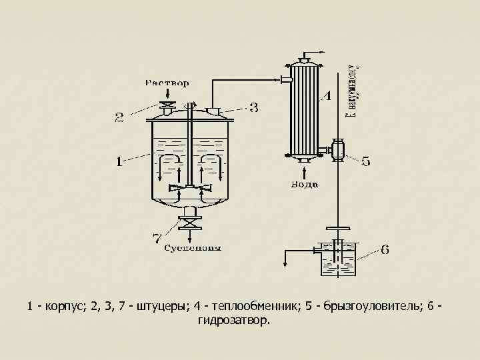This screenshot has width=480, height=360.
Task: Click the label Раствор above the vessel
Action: tap(167, 83)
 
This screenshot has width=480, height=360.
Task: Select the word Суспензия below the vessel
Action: tap(193, 249)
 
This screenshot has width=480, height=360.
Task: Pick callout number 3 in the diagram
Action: tap(253, 107)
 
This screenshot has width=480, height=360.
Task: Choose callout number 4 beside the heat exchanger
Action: tap(327, 96)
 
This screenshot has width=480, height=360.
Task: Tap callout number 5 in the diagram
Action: tap(366, 161)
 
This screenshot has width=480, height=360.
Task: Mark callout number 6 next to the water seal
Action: tap(385, 251)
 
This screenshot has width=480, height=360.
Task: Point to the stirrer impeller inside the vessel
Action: tap(191, 188)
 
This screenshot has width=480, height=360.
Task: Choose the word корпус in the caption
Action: tap(65, 306)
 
